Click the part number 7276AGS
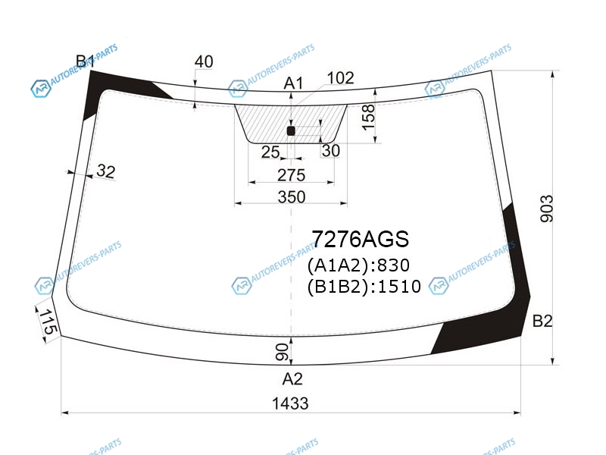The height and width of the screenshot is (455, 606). coord(361,239)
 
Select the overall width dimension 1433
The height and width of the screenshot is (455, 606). coord(290,403)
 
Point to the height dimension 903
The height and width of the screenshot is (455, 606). coord(546,209)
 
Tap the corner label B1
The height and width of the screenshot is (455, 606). coord(85,61)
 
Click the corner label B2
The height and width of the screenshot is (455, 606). coord(542,321)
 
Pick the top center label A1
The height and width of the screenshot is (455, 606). coord(293,83)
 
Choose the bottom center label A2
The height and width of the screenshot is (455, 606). coord(292,378)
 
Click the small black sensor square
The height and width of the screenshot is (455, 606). coord(291,131)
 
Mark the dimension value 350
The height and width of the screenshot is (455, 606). coord(292,197)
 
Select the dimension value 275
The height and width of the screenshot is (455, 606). coord(292,175)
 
